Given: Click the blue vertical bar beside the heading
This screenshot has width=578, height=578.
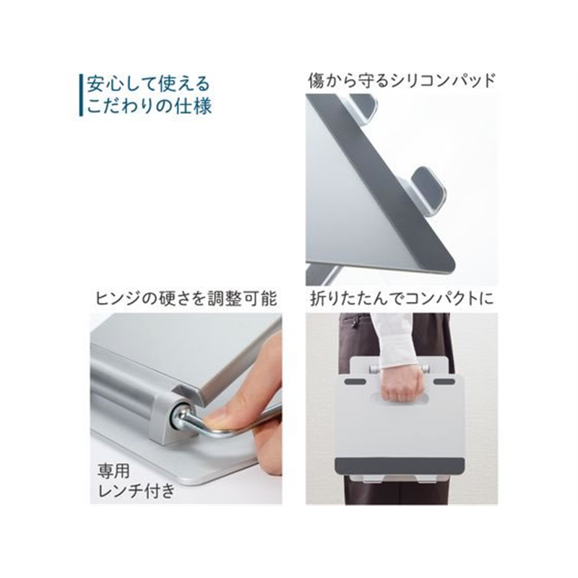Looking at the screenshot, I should coord(81,93).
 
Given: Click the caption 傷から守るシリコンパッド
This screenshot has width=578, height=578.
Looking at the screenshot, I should coord(402,79).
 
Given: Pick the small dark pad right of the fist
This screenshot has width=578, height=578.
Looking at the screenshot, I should coord(438,381).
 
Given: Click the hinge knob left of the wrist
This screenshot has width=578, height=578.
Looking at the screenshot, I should coord(373,370).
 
